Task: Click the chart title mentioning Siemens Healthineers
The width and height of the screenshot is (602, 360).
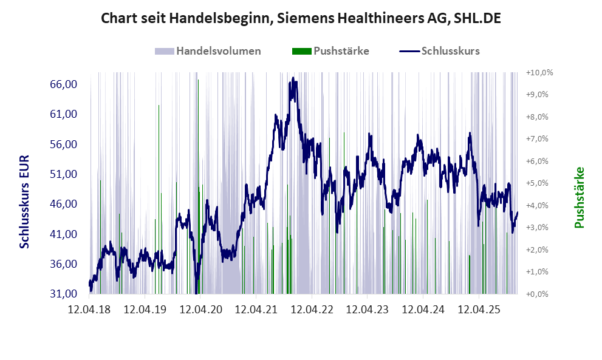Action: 301,19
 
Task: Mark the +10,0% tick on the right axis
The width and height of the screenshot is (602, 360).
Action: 539,72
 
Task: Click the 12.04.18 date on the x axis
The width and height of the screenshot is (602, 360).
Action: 89,310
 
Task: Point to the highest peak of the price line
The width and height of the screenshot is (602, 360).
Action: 293,78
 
